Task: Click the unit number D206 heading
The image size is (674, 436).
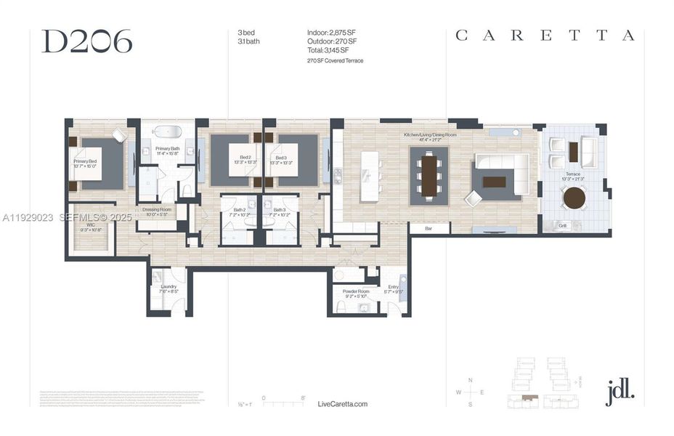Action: coord(87,42)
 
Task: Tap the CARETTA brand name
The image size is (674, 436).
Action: coord(545,36)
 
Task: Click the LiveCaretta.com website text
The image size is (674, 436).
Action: coord(343,404)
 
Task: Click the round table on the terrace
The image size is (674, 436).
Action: coord(574,198)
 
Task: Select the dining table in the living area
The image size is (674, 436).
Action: coord(429,175)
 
